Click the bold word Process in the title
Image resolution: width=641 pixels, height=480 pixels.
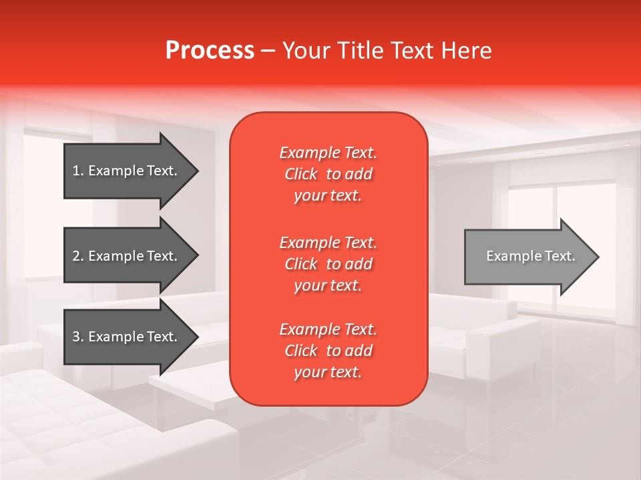[210, 51]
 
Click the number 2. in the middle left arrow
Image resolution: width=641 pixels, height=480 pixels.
[78, 256]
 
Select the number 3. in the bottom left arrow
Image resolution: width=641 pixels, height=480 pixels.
[78, 337]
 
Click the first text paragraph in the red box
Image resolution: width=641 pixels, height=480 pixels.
[328, 174]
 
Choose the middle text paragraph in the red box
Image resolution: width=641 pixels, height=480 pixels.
[328, 264]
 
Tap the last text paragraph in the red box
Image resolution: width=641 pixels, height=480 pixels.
[328, 351]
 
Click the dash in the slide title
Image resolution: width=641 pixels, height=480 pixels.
[268, 51]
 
